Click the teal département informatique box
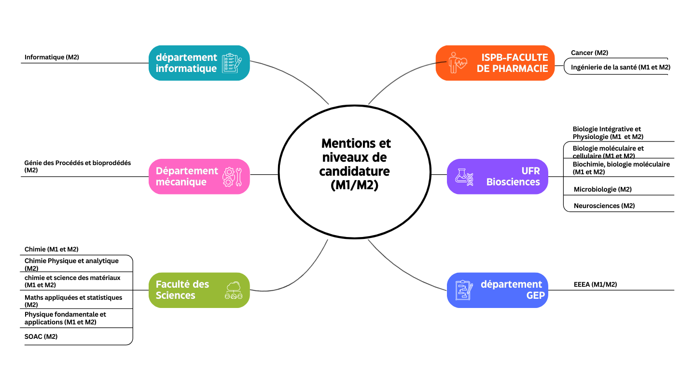[199, 63]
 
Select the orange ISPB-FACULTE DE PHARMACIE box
[495, 63]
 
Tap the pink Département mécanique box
[199, 177]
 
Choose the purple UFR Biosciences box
[497, 177]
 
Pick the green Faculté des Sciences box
[199, 290]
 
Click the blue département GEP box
[497, 290]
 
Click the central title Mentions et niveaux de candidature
[355, 164]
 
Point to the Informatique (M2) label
[52, 57]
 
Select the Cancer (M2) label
[589, 53]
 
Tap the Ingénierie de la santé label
[620, 67]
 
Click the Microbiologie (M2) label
[602, 189]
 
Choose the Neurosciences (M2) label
[604, 206]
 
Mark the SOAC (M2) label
[41, 336]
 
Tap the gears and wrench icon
[235, 177]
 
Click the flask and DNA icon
[465, 177]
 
